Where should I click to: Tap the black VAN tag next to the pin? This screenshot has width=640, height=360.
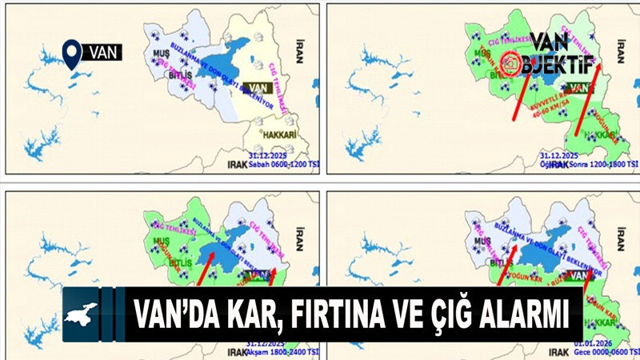tap(102, 54)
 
